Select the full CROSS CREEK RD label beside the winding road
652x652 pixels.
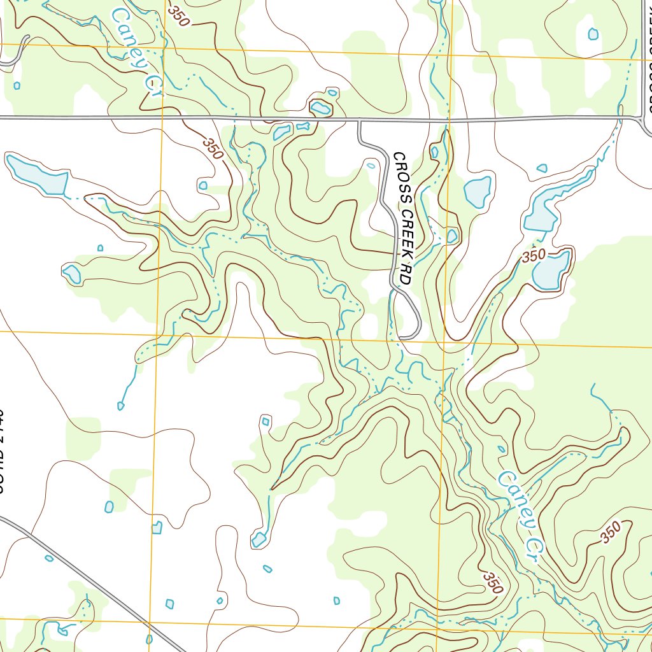[403, 218]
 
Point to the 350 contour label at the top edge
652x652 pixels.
[179, 16]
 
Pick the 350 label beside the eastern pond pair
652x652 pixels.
[533, 256]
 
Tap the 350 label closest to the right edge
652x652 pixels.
[610, 532]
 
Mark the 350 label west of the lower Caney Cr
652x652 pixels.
[493, 582]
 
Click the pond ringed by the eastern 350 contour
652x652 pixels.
[551, 270]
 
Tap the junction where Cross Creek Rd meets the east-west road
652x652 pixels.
[359, 119]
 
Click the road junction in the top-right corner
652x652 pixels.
[641, 117]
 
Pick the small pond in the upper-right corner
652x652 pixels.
[593, 34]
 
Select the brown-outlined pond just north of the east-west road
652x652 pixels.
[320, 108]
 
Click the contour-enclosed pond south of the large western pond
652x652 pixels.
[72, 274]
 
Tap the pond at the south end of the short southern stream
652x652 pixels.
[259, 541]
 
